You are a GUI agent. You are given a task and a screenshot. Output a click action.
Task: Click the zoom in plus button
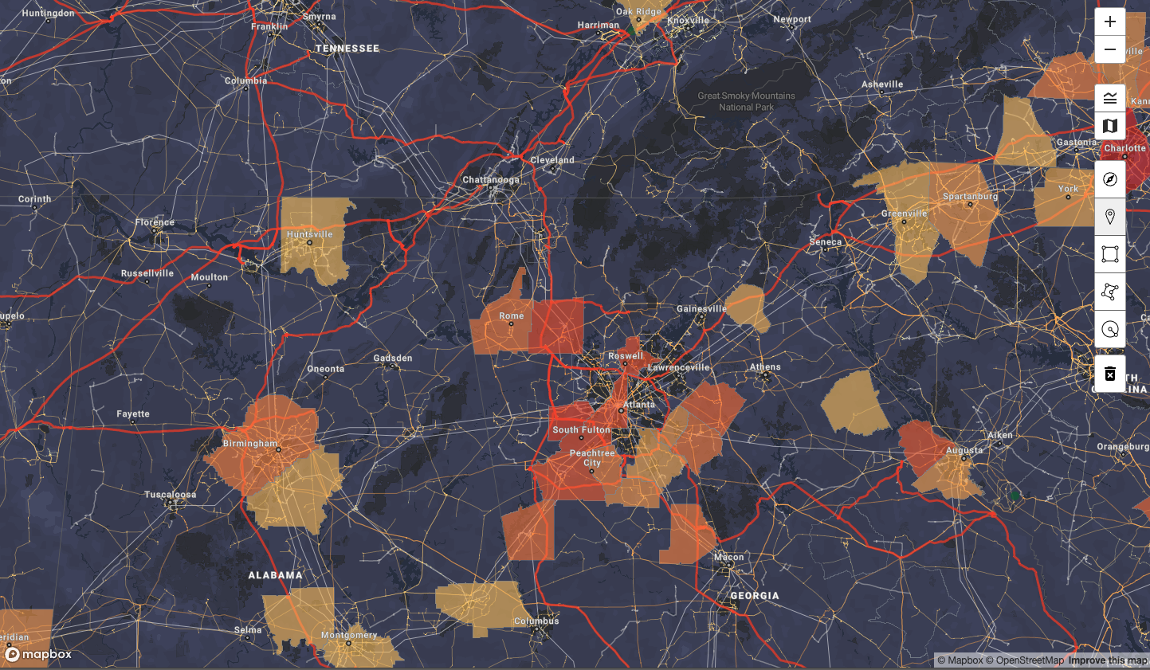(x=1110, y=22)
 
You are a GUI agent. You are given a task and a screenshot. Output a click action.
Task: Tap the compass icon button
(x=1110, y=179)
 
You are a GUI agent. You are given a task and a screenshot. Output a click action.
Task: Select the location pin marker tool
(x=1110, y=216)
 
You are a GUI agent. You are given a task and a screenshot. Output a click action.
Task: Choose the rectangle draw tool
(x=1110, y=254)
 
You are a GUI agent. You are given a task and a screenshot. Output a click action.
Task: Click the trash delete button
(x=1110, y=374)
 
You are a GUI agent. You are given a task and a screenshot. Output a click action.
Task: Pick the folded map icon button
(x=1110, y=126)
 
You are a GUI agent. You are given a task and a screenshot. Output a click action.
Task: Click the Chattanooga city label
(x=491, y=180)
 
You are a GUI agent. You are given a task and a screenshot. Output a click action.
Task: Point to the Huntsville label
(x=310, y=234)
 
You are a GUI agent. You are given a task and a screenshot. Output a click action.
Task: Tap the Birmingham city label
(x=250, y=444)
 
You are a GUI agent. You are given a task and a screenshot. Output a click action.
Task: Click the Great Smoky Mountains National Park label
(x=747, y=101)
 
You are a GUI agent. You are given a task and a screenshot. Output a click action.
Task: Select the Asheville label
(x=882, y=84)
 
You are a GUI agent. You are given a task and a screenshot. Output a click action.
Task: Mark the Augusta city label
(x=964, y=451)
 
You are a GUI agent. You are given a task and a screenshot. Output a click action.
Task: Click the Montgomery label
(x=349, y=635)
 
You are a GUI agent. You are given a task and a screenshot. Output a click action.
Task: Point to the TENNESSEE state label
(x=347, y=49)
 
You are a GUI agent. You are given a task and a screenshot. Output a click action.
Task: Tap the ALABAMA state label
(x=276, y=575)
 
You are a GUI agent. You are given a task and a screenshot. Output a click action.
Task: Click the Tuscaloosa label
(x=171, y=495)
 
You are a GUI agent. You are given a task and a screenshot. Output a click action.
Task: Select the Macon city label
(x=729, y=558)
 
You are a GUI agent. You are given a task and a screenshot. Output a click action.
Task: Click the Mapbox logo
(x=38, y=655)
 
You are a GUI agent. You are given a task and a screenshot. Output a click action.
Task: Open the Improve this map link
(x=1108, y=660)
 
